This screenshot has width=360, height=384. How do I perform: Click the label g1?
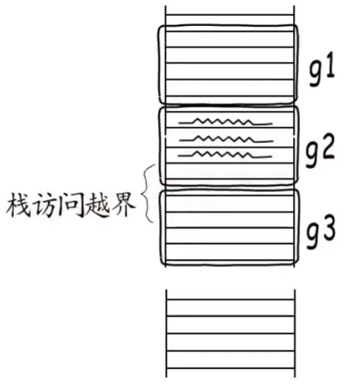click(322, 69)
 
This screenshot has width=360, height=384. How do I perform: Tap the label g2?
click(320, 151)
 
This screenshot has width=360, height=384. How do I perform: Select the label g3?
click(321, 232)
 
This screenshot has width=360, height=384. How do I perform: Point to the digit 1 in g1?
click(330, 65)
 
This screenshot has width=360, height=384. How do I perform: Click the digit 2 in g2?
click(327, 147)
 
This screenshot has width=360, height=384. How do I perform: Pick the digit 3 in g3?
click(328, 228)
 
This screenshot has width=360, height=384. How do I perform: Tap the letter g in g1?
click(316, 74)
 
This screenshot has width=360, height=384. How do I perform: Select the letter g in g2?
click(312, 155)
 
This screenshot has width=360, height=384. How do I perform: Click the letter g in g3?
click(313, 236)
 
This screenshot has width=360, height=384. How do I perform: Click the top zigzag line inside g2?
click(225, 121)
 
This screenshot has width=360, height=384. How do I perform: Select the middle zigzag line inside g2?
click(227, 139)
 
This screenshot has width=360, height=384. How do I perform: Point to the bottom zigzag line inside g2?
click(224, 154)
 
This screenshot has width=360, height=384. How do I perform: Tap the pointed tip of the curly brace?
click(142, 194)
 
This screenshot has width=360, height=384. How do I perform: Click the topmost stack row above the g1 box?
click(229, 10)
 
